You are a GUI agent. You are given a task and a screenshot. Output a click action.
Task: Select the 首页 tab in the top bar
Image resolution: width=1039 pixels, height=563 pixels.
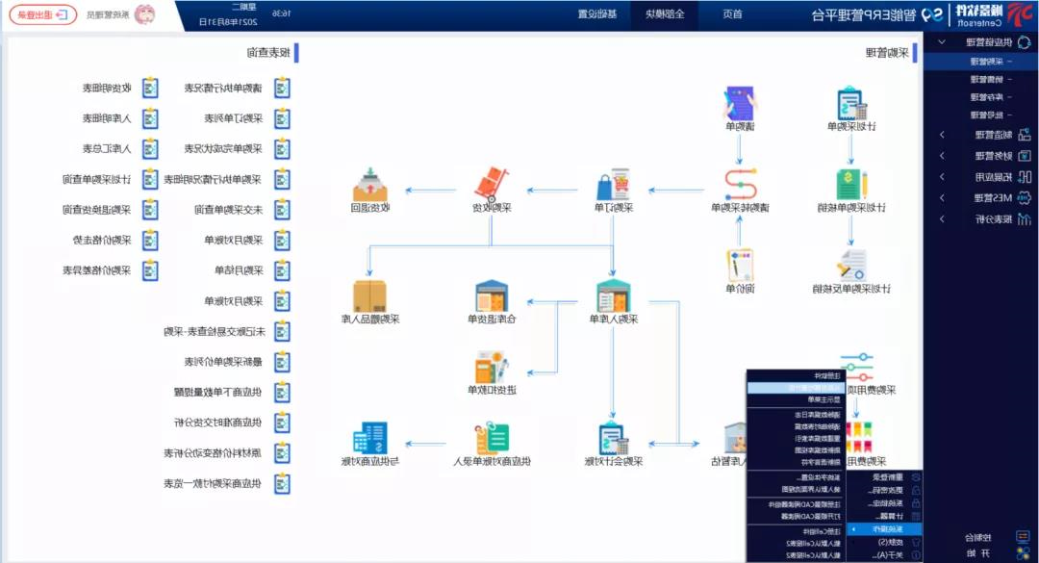[x=731, y=14]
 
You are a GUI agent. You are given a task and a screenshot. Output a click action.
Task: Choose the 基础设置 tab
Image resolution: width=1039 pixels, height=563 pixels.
[x=597, y=14]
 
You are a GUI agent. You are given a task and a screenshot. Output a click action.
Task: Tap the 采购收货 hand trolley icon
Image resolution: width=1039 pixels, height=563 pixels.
[x=492, y=186]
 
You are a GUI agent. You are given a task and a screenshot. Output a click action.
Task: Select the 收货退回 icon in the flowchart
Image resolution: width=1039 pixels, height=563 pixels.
[x=368, y=186]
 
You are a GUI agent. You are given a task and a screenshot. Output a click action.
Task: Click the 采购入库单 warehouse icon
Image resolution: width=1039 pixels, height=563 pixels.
[x=613, y=295]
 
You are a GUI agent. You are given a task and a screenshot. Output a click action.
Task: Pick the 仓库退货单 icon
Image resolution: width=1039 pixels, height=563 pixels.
[x=492, y=295]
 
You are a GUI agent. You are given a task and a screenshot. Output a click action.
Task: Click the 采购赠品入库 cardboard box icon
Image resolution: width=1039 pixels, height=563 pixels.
[x=368, y=295]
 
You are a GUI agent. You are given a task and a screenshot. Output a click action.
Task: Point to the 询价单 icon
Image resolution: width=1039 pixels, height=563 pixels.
[x=740, y=265]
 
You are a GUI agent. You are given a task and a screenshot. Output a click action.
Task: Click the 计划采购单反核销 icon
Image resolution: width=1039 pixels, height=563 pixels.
[x=850, y=265]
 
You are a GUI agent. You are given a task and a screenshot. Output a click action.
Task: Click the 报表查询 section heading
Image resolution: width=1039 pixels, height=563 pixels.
[x=267, y=53]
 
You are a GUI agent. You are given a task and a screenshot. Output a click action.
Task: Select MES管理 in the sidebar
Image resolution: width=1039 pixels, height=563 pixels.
[x=980, y=197]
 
